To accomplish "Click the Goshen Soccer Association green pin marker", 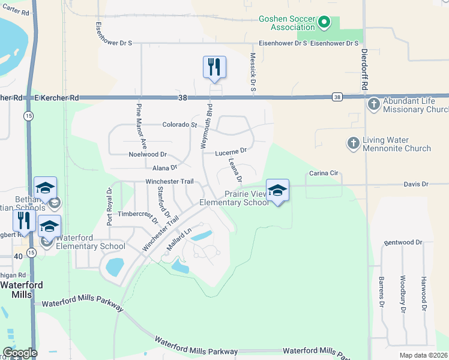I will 324,23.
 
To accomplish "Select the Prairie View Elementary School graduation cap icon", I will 277,190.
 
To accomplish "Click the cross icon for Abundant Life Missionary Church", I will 373,103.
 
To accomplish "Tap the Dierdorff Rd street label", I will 364,70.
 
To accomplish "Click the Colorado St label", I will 179,125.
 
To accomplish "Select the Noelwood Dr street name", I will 148,154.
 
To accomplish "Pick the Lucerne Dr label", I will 231,152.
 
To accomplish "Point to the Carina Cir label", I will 325,173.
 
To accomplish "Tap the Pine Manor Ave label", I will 141,125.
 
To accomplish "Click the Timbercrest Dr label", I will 137,213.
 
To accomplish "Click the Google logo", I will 19,353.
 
